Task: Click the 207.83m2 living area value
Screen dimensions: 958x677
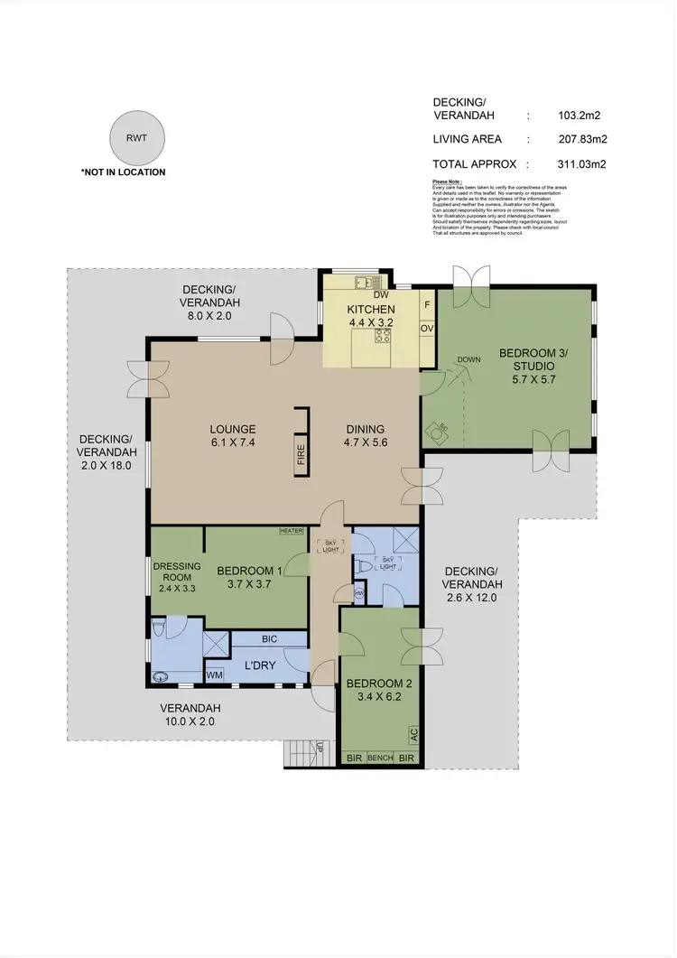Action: pos(582,139)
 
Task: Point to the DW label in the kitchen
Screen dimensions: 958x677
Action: pos(380,294)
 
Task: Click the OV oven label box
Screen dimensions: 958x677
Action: pos(427,328)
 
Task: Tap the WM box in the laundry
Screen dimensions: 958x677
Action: pos(215,674)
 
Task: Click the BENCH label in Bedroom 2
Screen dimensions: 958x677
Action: pos(380,758)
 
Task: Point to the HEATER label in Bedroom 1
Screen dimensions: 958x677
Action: pos(291,531)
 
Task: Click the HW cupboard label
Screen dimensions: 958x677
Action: pos(358,593)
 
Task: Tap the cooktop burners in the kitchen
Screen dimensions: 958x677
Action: pos(382,336)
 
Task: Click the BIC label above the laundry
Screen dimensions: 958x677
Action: pos(269,638)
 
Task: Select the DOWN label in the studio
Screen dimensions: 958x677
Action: pos(468,359)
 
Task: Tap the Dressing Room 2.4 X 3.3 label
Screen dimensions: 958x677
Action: pos(176,577)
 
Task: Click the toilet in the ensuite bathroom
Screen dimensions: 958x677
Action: pos(160,626)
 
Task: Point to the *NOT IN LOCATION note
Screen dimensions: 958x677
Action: pos(124,172)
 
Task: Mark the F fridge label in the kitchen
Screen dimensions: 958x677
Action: pos(427,304)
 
